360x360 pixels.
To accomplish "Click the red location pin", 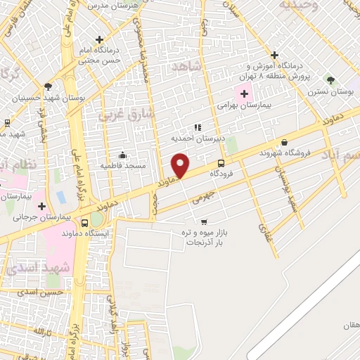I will (x=181, y=165).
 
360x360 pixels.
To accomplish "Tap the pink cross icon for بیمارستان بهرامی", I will (x=244, y=94).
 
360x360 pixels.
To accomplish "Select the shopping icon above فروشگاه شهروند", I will (x=284, y=142).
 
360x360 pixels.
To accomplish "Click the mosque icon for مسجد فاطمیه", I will (x=122, y=155).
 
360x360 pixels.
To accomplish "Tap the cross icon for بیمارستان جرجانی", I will (x=42, y=207).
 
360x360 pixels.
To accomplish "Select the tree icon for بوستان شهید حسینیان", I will (x=47, y=87).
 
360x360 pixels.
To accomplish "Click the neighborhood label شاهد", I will (x=205, y=66).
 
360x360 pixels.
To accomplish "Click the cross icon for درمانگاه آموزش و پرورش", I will (x=274, y=54).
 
